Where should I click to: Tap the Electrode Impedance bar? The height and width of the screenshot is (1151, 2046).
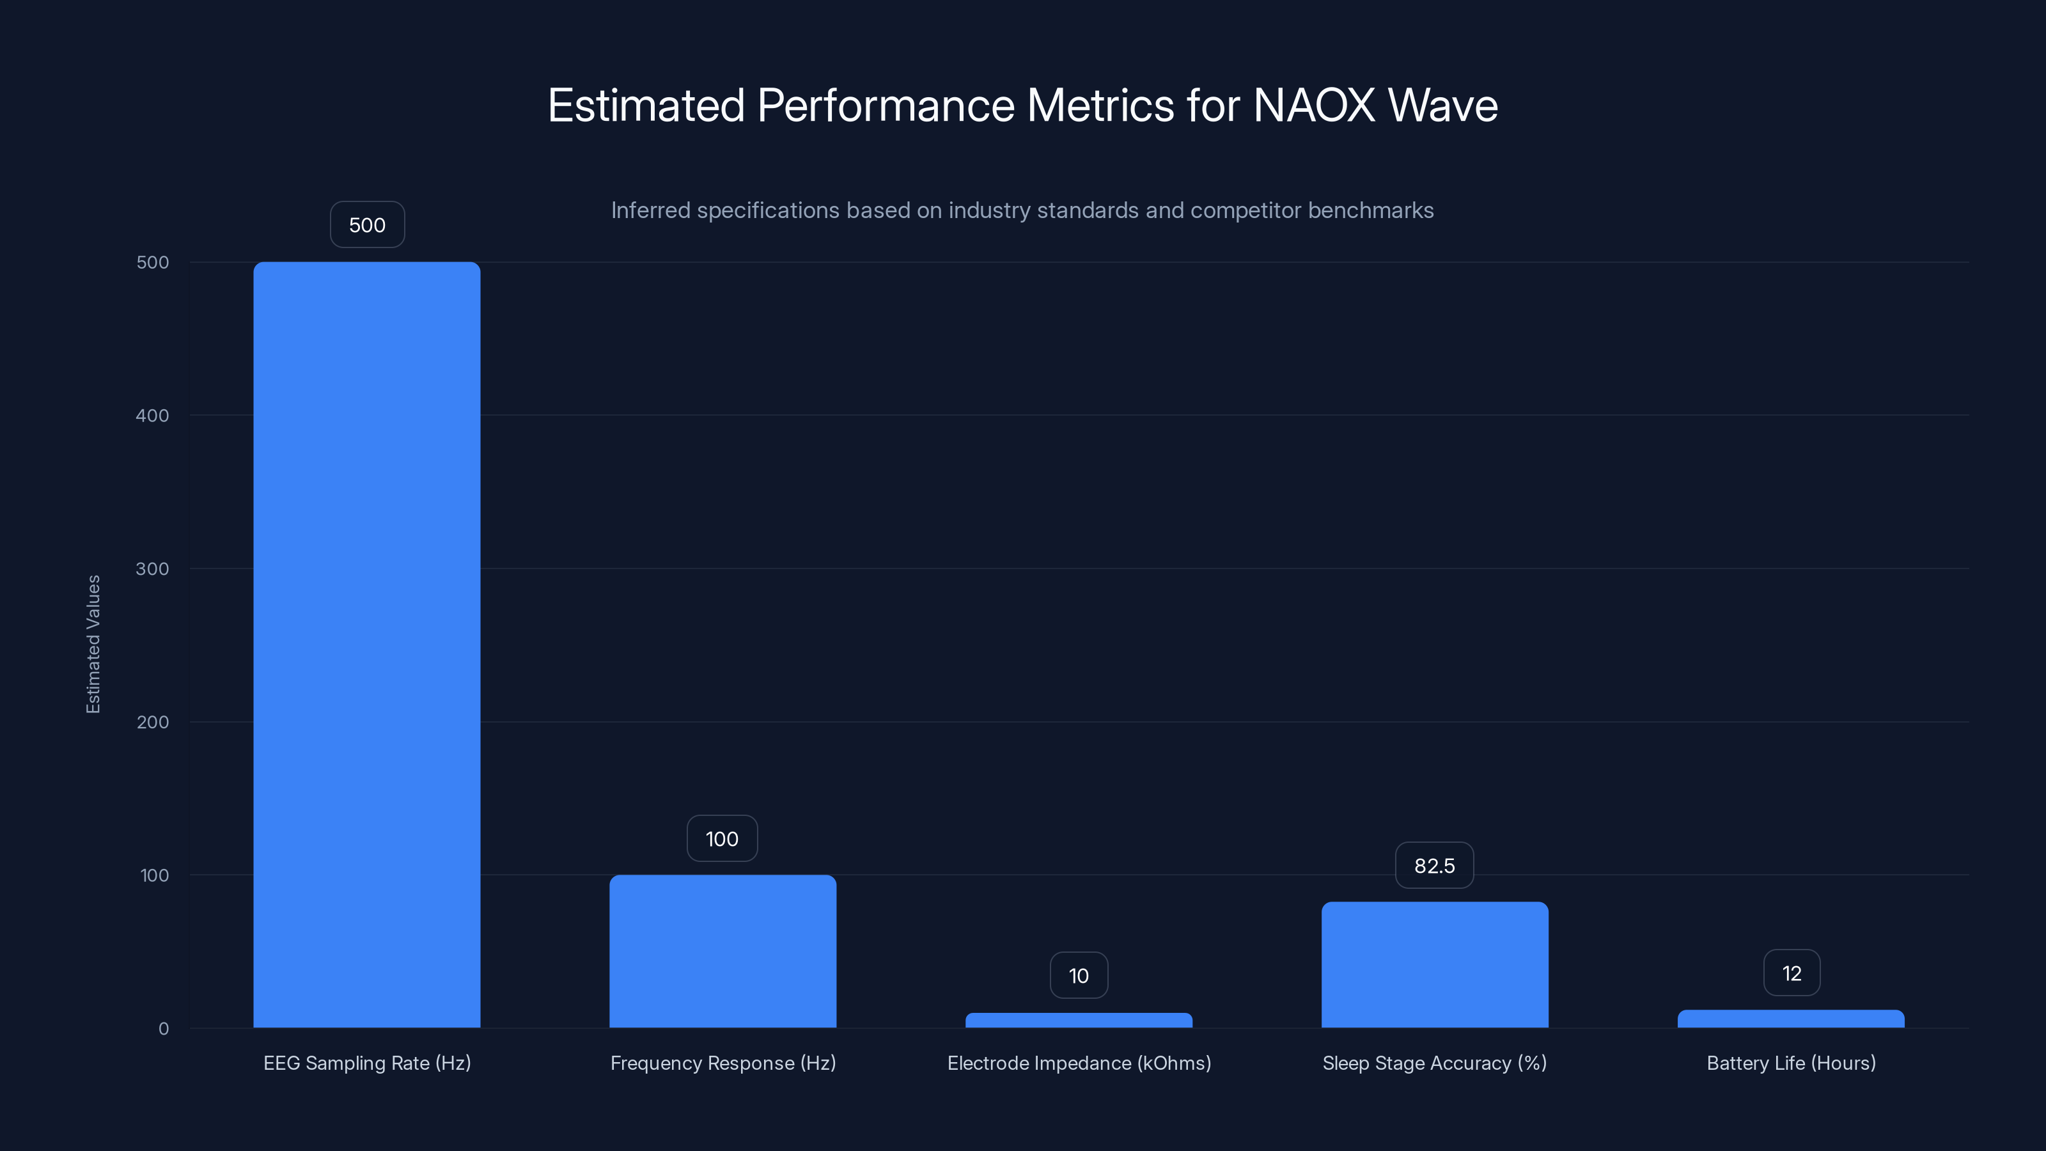coord(1078,1020)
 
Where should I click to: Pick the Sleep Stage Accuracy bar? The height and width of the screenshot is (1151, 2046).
coord(1434,964)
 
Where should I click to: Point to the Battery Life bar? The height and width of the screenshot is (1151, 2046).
coord(1790,1019)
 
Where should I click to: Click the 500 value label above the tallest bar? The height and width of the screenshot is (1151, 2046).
coord(367,225)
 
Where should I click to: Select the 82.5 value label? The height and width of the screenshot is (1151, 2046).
coord(1434,865)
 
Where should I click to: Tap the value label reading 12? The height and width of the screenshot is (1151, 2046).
coord(1791,973)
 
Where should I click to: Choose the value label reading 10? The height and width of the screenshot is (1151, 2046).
coord(1078,975)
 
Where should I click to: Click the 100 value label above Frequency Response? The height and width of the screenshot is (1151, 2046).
coord(722,839)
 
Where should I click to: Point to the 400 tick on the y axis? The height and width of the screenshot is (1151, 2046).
coord(153,416)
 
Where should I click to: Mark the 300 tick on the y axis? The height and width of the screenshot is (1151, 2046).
coord(153,568)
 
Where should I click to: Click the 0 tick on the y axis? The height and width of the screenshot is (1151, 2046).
coord(164,1029)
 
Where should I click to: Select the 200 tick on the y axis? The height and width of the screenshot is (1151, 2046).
coord(153,722)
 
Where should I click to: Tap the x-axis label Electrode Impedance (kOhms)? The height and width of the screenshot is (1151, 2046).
coord(1079,1063)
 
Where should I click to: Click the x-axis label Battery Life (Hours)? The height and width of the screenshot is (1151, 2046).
coord(1791,1063)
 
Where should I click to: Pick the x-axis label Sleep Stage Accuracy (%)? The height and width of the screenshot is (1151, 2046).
coord(1434,1063)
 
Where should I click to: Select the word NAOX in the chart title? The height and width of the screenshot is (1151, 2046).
coord(1314,105)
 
